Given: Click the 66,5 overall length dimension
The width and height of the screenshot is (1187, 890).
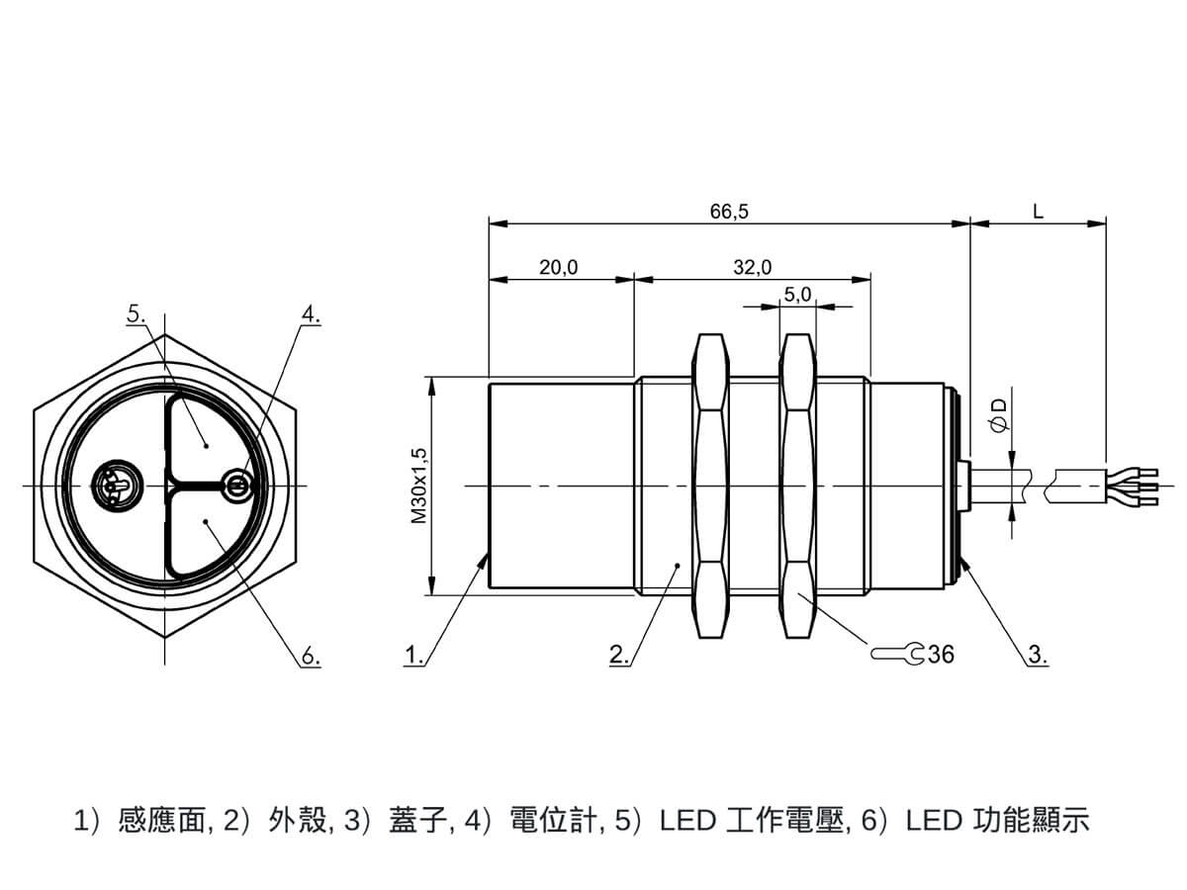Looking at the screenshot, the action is point(729,212).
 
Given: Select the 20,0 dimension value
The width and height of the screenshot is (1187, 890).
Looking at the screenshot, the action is point(558,267).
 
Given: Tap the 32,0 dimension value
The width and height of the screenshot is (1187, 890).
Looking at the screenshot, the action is point(752,267).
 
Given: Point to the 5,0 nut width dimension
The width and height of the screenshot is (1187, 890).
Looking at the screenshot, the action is point(797,294).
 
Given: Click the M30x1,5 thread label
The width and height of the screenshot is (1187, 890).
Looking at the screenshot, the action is point(419,486).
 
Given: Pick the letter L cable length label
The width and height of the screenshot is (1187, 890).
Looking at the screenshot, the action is point(1038,212).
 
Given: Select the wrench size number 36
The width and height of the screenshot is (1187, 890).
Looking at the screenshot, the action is point(941,655).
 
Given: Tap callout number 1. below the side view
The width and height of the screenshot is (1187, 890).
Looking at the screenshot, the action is point(414,655).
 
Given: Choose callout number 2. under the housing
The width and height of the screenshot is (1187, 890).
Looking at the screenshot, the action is point(619,655).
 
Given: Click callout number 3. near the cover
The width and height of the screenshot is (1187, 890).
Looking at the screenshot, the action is point(1038,655).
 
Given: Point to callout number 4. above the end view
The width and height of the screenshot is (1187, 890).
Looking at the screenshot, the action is point(311,314).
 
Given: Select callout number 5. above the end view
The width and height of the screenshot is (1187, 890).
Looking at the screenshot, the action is point(137,313).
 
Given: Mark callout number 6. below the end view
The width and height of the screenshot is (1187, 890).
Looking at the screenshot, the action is point(311,657).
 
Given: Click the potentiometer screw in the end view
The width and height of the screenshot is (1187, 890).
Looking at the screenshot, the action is point(237,485).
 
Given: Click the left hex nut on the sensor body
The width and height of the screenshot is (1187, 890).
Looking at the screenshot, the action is point(710,486).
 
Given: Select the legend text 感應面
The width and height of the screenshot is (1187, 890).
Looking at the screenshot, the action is point(161,821).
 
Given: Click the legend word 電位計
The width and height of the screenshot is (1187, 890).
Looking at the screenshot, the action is point(553,821).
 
